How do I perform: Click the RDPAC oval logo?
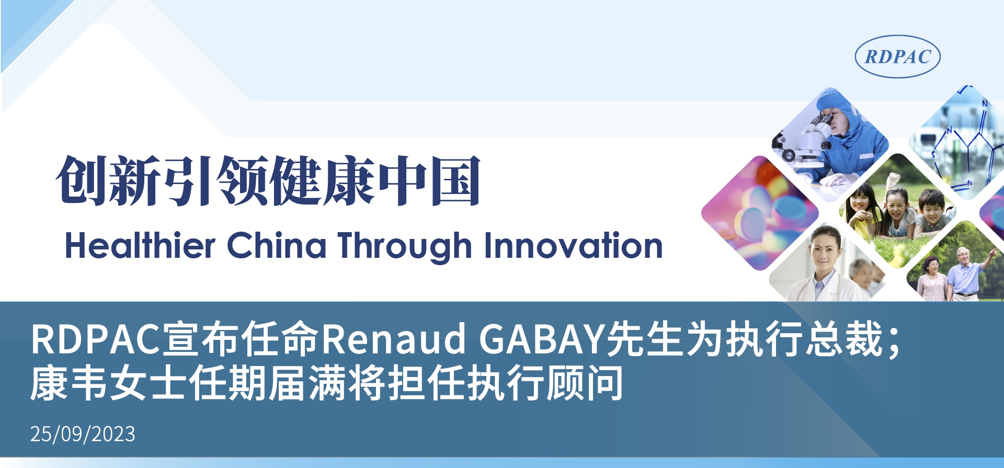(897, 56)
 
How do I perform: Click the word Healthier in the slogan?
(140, 245)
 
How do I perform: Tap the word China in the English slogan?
(277, 245)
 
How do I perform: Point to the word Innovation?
(574, 245)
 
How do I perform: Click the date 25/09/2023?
(83, 434)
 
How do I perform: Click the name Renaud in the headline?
(393, 338)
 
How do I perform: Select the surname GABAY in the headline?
(542, 338)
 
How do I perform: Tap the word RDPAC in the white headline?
(95, 338)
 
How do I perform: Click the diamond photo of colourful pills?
(760, 213)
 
